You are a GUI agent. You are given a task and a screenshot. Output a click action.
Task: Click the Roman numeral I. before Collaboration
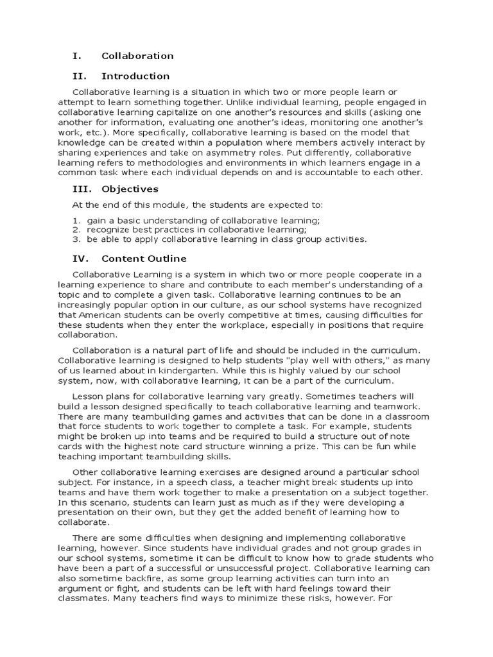[x=74, y=56]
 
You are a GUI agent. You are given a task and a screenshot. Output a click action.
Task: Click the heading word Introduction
[x=135, y=76]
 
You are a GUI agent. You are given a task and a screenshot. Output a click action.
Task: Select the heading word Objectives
[x=130, y=189]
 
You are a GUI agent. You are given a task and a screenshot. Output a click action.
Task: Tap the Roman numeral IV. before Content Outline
[x=78, y=259]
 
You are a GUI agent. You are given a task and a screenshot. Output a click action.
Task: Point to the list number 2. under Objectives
[x=75, y=229]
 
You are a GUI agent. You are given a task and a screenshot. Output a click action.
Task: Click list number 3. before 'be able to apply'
[x=75, y=239]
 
